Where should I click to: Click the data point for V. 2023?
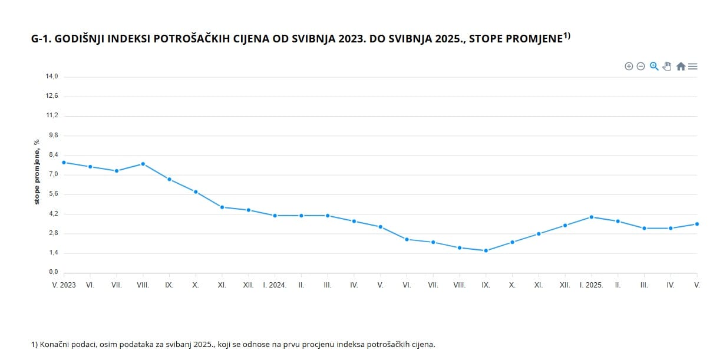64,162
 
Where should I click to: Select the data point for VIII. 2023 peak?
143,164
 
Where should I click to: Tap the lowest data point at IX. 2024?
486,250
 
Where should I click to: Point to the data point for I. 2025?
591,217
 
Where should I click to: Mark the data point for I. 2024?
275,216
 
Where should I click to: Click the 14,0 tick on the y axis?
52,77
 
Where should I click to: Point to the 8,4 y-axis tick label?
52,155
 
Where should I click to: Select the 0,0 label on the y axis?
52,272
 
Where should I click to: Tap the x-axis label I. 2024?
275,285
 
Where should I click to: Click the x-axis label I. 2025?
591,285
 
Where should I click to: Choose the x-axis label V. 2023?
64,285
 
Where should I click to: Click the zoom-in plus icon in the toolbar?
629,67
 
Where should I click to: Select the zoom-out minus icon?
641,67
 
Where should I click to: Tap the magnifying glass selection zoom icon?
653,67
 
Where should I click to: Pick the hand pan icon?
667,67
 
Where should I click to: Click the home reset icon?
681,67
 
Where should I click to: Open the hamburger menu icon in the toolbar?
693,67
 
